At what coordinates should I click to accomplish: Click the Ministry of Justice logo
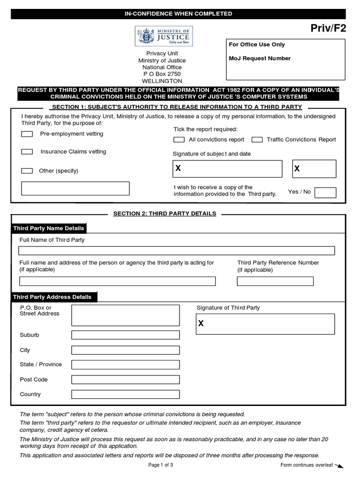pyautogui.click(x=164, y=36)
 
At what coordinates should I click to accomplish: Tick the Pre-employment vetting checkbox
pyautogui.click(x=27, y=134)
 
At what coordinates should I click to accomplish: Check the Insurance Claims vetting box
pyautogui.click(x=27, y=152)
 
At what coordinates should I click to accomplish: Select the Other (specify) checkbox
pyautogui.click(x=27, y=171)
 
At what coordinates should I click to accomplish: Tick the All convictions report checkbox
pyautogui.click(x=179, y=140)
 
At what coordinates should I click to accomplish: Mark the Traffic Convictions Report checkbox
pyautogui.click(x=257, y=140)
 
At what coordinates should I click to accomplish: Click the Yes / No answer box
pyautogui.click(x=325, y=192)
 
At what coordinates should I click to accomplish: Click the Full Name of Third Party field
pyautogui.click(x=176, y=250)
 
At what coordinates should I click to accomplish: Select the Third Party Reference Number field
pyautogui.click(x=275, y=281)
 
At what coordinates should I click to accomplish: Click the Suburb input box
pyautogui.click(x=125, y=335)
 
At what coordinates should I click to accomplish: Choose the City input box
pyautogui.click(x=125, y=350)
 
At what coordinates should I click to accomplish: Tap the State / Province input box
pyautogui.click(x=125, y=365)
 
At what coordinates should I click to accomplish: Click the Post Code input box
pyautogui.click(x=125, y=380)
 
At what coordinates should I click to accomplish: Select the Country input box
pyautogui.click(x=125, y=395)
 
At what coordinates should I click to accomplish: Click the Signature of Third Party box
pyautogui.click(x=265, y=323)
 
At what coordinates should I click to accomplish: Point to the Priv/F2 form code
pyautogui.click(x=329, y=29)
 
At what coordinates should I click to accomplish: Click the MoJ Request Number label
pyautogui.click(x=259, y=59)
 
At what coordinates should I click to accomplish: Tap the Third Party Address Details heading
pyautogui.click(x=52, y=297)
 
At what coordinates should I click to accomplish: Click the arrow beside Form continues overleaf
pyautogui.click(x=340, y=465)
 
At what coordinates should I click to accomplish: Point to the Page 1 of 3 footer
pyautogui.click(x=161, y=465)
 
